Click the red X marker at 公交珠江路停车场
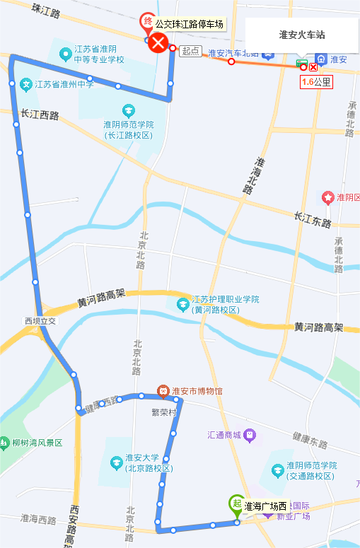pos(158,44)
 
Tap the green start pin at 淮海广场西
pos(236,505)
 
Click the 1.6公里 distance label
pos(316,81)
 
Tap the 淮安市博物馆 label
pos(197,391)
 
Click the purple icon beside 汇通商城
pos(249,434)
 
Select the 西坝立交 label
pos(40,321)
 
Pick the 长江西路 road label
pos(40,114)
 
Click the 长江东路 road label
pos(313,221)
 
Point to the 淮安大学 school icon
pos(115,463)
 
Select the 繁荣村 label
pos(163,411)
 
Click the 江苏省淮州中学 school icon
pos(26,85)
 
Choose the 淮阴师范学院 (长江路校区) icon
pos(128,111)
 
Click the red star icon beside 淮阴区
pos(327,196)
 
